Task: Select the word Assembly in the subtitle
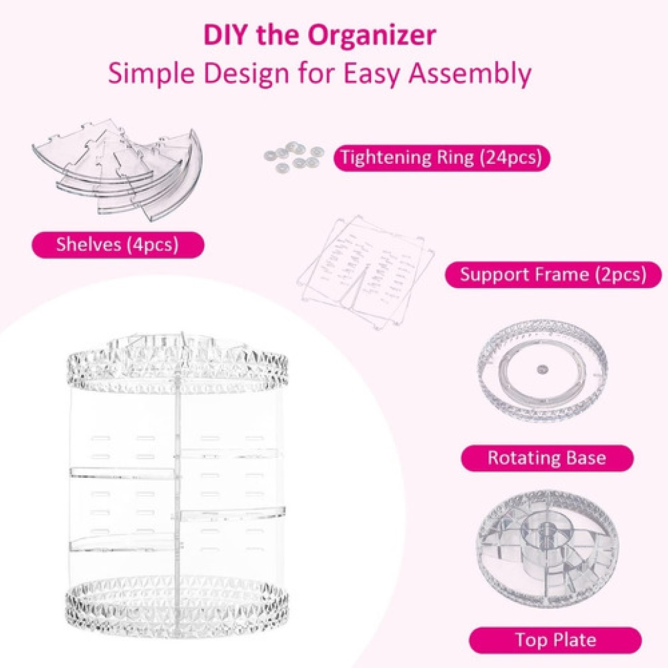click(470, 73)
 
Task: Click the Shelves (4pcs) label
click(117, 244)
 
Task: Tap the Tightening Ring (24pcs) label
click(441, 158)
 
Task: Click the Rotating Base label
click(547, 458)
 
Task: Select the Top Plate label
click(555, 640)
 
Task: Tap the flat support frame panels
click(365, 267)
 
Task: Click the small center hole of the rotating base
click(542, 368)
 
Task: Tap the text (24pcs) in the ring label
click(510, 158)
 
